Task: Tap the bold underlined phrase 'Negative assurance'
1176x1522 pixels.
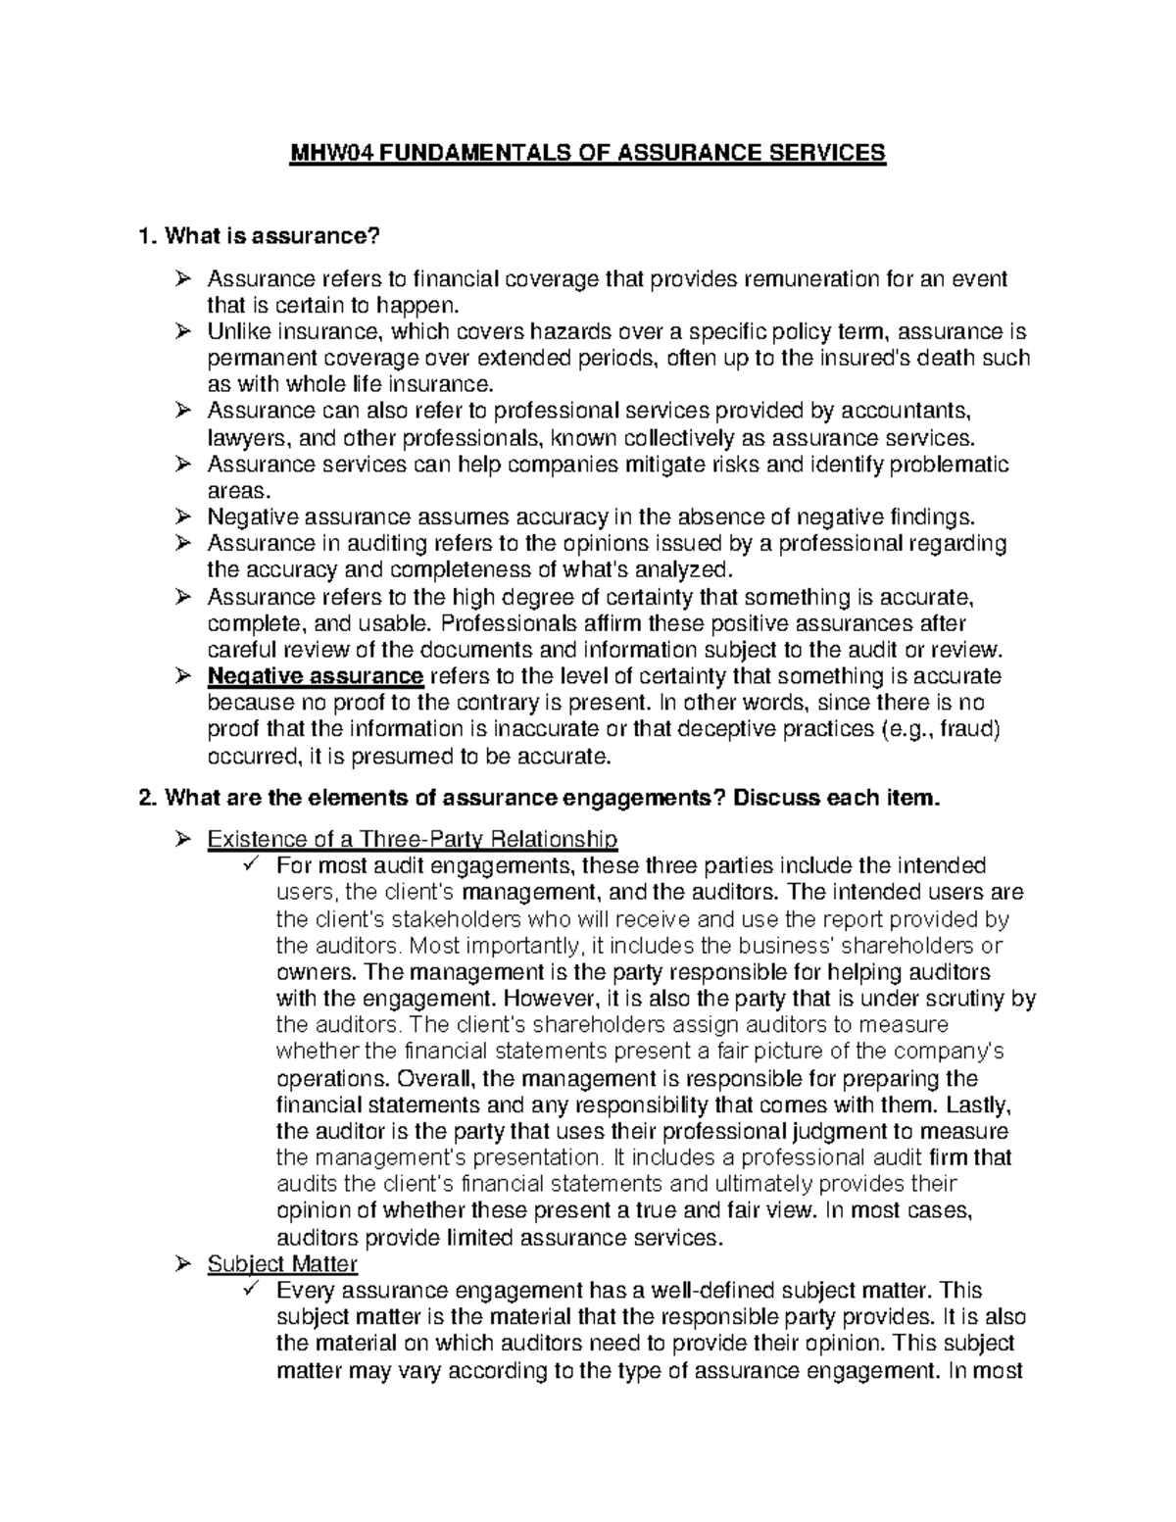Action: coord(315,676)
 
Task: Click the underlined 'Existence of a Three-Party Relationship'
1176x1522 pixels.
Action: coord(412,840)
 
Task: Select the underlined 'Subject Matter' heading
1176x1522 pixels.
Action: coord(282,1264)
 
